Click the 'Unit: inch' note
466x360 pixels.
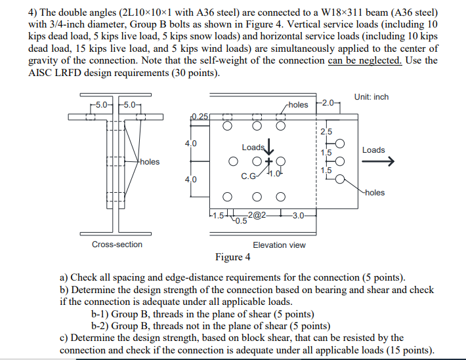pyautogui.click(x=371, y=97)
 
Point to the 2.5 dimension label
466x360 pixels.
pyautogui.click(x=326, y=132)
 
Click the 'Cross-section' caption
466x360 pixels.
pyautogui.click(x=117, y=245)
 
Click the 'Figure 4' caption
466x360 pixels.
pyautogui.click(x=232, y=256)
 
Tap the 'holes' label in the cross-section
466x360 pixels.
pyautogui.click(x=149, y=161)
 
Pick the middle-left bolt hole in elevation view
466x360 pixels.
pyautogui.click(x=233, y=161)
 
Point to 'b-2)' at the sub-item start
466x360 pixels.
pyautogui.click(x=101, y=325)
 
